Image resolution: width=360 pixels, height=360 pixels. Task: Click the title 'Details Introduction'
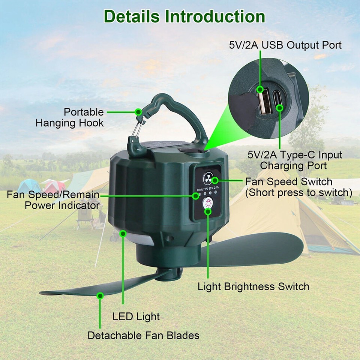click(184, 16)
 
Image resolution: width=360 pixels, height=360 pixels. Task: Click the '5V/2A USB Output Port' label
click(285, 45)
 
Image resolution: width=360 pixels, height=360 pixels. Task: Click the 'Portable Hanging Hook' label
click(70, 117)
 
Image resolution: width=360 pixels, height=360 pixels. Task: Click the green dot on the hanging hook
click(138, 111)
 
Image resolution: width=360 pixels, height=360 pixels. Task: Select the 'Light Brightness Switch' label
click(253, 287)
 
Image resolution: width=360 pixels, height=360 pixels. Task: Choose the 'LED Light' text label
click(136, 316)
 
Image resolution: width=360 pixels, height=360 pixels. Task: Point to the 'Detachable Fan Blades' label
click(143, 335)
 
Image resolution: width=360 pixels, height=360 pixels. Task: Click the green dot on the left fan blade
click(100, 296)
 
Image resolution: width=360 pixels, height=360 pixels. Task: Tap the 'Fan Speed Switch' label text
click(289, 182)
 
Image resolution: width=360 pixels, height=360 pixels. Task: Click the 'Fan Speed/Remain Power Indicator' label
click(53, 200)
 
